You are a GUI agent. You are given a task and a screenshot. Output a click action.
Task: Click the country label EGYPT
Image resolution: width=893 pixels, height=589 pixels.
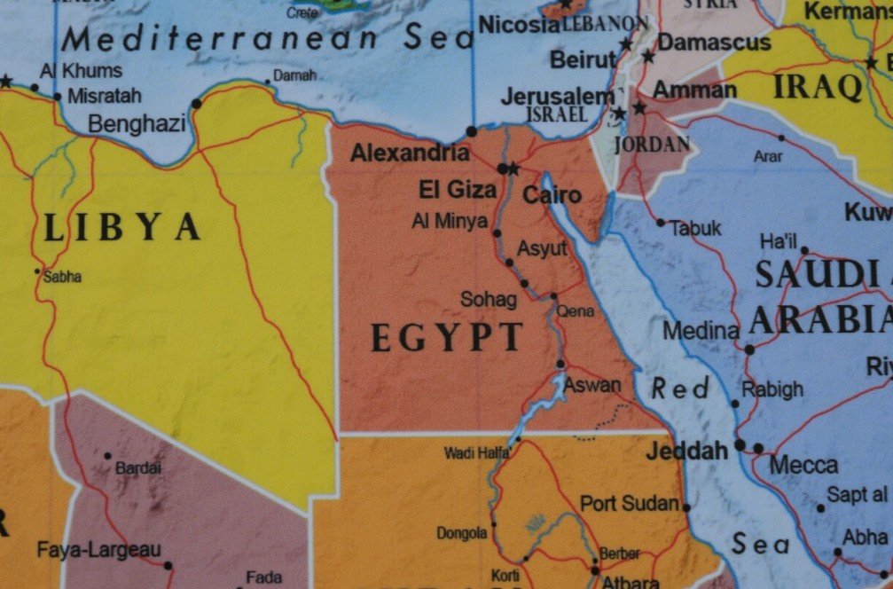tap(446, 338)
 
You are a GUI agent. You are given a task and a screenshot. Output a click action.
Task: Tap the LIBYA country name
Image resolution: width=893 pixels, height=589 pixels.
tap(121, 228)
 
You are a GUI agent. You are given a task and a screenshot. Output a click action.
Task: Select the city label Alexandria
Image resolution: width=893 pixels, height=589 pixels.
tap(410, 153)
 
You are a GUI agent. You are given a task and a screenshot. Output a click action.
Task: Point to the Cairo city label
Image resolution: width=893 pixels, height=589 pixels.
tap(552, 195)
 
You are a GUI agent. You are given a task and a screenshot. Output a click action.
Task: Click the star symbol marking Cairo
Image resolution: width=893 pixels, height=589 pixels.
tap(513, 167)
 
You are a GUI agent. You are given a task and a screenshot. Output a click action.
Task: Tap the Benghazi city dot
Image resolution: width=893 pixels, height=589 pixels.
tap(196, 104)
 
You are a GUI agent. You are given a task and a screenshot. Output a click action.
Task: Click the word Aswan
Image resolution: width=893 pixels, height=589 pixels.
tap(591, 385)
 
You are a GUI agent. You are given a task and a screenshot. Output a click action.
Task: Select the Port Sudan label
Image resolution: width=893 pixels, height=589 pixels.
tap(631, 503)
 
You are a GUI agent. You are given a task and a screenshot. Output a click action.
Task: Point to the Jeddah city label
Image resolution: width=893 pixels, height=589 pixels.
tap(686, 452)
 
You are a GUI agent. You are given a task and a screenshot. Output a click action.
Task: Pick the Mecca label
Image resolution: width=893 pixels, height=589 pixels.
tap(803, 465)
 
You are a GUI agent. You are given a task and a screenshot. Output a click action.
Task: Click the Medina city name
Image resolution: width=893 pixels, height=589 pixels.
tap(701, 331)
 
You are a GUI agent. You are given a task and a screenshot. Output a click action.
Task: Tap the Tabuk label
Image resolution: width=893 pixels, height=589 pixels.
tap(695, 228)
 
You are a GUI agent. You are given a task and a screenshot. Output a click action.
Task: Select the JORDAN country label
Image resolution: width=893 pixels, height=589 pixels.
tap(651, 144)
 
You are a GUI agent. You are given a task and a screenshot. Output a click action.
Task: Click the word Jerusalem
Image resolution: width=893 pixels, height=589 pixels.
tap(556, 96)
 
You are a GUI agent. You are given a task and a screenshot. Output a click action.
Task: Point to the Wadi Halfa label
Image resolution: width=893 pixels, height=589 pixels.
tap(476, 453)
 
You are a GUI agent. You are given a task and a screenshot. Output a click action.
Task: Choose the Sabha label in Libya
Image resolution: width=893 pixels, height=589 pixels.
tap(62, 277)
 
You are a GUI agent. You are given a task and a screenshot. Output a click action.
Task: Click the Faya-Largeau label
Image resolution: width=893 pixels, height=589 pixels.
tap(98, 550)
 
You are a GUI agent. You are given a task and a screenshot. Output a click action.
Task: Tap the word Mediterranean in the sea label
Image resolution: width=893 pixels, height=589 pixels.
tap(227, 38)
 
